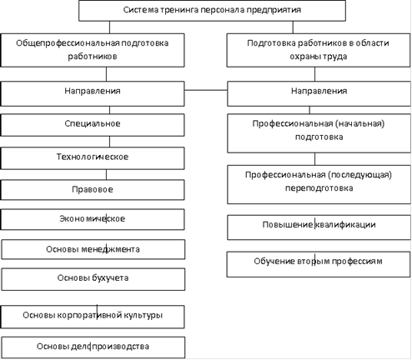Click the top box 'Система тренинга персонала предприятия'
pyautogui.click(x=212, y=11)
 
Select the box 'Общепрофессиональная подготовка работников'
pyautogui.click(x=93, y=50)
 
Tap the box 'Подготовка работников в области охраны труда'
pyautogui.click(x=319, y=50)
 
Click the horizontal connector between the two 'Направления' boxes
pyautogui.click(x=206, y=90)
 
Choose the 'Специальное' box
pyautogui.click(x=93, y=125)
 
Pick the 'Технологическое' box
pyautogui.click(x=93, y=158)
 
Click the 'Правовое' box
pyautogui.click(x=93, y=190)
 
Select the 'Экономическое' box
pyautogui.click(x=93, y=219)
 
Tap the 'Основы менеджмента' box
pyautogui.click(x=93, y=249)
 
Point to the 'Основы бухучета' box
pyautogui.click(x=93, y=279)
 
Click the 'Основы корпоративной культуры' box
pyautogui.click(x=93, y=317)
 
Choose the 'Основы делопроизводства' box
pyautogui.click(x=93, y=347)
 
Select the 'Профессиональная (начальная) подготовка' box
pyautogui.click(x=319, y=133)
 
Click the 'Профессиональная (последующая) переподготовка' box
pyautogui.click(x=319, y=184)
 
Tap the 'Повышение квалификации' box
pyautogui.click(x=319, y=227)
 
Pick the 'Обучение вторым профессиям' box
pyautogui.click(x=319, y=264)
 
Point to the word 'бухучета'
pyautogui.click(x=110, y=278)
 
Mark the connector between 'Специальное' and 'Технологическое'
pyautogui.click(x=109, y=142)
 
